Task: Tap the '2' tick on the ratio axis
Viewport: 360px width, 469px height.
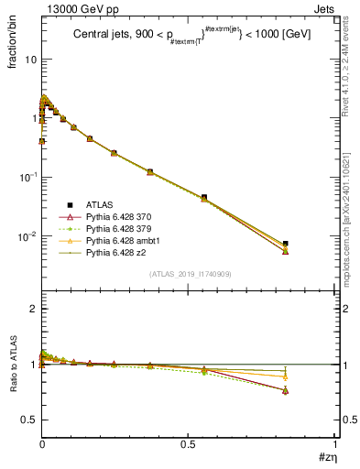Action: coord(33,309)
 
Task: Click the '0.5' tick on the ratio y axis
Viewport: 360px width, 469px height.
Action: coord(27,420)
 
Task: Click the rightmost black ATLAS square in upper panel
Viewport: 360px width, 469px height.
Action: coord(286,244)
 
